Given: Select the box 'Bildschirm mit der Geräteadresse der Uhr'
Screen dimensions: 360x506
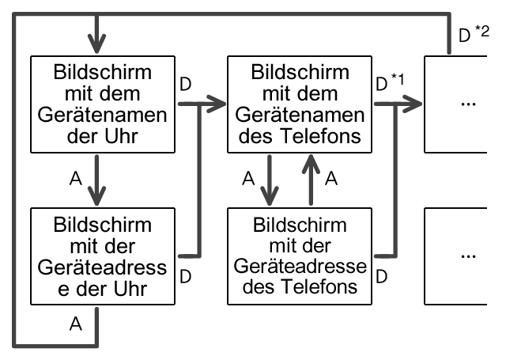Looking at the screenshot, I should pyautogui.click(x=101, y=256).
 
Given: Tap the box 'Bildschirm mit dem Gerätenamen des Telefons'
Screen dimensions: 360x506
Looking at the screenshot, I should pyautogui.click(x=299, y=104).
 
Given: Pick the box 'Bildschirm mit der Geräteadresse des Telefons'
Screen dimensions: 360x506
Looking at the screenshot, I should pyautogui.click(x=299, y=256).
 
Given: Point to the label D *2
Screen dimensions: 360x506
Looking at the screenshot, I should pyautogui.click(x=474, y=35).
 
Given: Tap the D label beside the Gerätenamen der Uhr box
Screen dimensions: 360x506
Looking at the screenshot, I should pyautogui.click(x=185, y=84).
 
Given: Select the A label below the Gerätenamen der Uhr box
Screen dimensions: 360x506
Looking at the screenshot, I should pyautogui.click(x=77, y=180).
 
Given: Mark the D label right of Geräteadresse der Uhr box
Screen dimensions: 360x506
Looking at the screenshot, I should pyautogui.click(x=185, y=276).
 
